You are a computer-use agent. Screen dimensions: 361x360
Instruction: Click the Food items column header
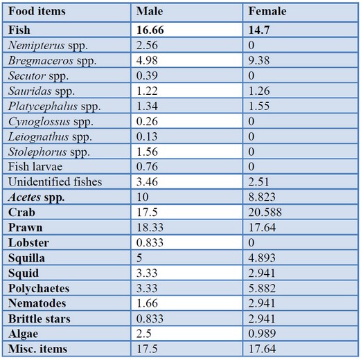pos(37,11)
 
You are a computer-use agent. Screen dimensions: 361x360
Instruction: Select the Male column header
pos(150,11)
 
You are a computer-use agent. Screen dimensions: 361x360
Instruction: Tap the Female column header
pos(267,11)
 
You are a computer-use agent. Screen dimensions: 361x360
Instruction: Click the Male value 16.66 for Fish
pos(150,30)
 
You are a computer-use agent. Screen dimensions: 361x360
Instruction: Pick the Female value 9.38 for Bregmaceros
pos(259,60)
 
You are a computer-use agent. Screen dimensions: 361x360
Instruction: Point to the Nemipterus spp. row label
pos(48,46)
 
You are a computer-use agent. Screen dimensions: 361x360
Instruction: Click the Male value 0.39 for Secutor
pos(147,75)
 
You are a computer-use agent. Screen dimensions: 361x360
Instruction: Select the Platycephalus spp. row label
pos(54,107)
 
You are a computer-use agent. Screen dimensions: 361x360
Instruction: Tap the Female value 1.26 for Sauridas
pos(259,91)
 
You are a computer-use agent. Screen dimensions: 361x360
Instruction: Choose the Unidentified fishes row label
pos(55,181)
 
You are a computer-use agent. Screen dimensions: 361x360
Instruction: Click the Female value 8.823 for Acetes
pos(262,197)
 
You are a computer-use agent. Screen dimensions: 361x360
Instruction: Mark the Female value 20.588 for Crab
pos(265,212)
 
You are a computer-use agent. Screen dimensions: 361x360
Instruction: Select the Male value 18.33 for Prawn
pos(150,227)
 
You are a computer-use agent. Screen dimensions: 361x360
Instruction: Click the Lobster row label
pos(28,242)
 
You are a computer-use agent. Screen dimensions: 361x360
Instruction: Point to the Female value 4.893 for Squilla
pos(262,258)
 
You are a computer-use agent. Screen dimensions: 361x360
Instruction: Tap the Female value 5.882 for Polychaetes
pos(262,288)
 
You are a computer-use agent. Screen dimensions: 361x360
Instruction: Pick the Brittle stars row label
pos(39,318)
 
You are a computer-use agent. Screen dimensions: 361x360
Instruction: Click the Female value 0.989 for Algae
pos(262,334)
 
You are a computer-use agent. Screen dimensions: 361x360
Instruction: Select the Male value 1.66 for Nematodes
pos(147,303)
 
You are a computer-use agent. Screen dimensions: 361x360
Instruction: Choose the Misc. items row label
pos(37,349)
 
